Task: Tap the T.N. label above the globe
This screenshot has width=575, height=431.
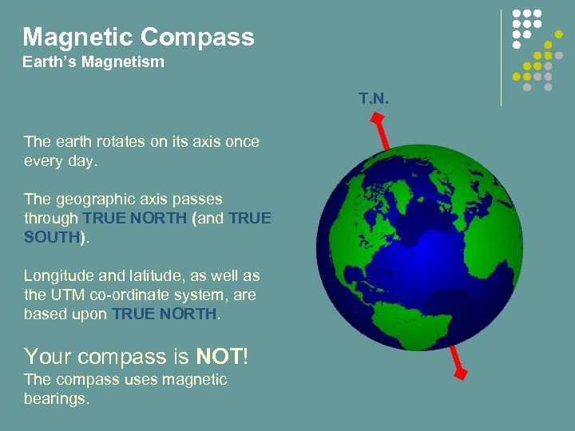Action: point(373,98)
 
